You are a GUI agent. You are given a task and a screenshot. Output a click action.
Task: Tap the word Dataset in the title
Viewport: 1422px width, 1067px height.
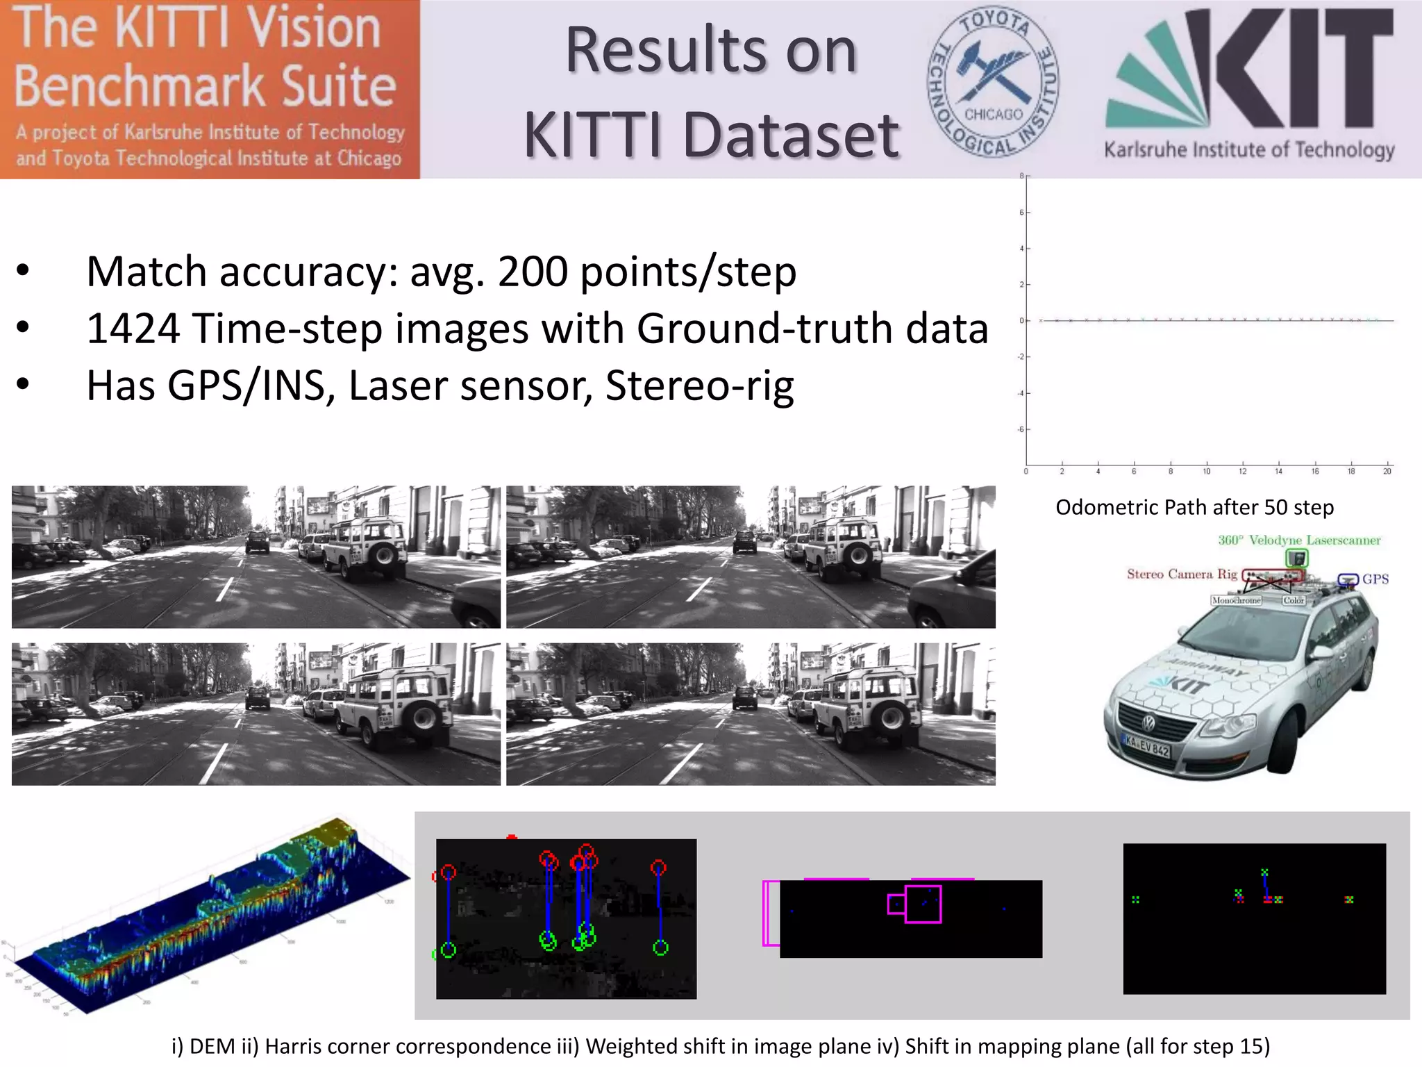click(x=791, y=135)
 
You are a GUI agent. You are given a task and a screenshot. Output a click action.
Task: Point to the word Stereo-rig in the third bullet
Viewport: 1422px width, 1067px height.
click(x=699, y=386)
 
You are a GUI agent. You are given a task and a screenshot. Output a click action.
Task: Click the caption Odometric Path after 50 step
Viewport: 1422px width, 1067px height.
click(x=1194, y=507)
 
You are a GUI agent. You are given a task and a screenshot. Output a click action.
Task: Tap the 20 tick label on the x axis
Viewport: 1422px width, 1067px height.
click(x=1387, y=472)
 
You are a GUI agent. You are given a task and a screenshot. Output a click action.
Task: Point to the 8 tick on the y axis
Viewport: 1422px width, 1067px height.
click(x=1021, y=176)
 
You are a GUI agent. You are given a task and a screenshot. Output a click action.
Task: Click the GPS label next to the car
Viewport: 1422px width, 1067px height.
click(x=1375, y=579)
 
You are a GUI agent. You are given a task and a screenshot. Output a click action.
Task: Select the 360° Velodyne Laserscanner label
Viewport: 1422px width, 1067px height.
click(x=1299, y=540)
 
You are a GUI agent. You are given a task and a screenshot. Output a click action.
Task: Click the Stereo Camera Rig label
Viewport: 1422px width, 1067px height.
click(x=1182, y=574)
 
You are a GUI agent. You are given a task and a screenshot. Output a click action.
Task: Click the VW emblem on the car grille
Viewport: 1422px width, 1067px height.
click(x=1148, y=723)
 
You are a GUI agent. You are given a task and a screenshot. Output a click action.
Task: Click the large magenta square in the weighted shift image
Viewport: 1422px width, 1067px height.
click(x=923, y=904)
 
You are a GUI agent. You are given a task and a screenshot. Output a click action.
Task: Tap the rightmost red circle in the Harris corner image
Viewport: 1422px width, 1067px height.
click(x=658, y=868)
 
